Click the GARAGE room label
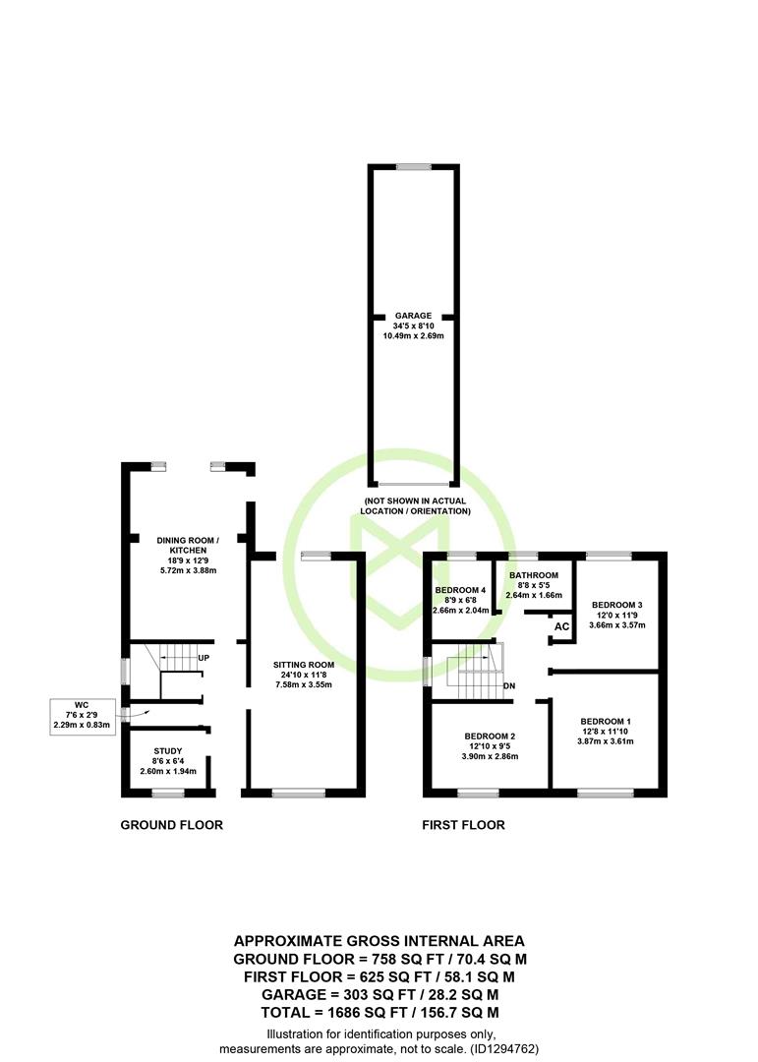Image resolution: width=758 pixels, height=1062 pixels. [x=413, y=316]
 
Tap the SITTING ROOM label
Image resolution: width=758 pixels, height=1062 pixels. [x=304, y=665]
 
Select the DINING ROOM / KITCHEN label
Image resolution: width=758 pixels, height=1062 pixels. [x=188, y=545]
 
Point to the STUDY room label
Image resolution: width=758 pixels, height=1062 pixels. [x=168, y=750]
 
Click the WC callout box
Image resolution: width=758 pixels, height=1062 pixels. [x=82, y=717]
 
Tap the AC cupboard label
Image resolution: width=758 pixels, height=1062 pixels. [x=561, y=626]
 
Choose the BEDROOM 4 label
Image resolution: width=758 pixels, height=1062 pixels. [x=461, y=590]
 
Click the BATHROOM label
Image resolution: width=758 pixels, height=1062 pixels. [x=534, y=575]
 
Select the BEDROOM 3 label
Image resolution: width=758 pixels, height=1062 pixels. [x=617, y=605]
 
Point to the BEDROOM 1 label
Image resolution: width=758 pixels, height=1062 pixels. [x=606, y=722]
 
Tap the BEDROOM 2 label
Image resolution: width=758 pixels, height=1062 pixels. [x=490, y=737]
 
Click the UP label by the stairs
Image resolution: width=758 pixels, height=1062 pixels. [x=204, y=658]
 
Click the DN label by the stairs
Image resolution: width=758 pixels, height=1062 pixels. [x=509, y=685]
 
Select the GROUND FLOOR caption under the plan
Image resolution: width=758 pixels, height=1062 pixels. [x=171, y=825]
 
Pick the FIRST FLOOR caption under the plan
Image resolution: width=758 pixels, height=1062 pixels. [x=463, y=825]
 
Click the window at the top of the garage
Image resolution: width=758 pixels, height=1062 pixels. [x=413, y=167]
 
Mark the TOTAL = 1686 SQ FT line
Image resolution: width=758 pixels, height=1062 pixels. [x=380, y=1013]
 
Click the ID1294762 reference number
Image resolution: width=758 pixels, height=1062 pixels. [x=502, y=1049]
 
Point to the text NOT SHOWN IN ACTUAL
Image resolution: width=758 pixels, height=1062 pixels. [x=415, y=501]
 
